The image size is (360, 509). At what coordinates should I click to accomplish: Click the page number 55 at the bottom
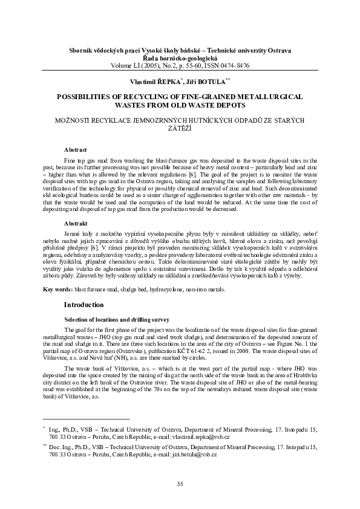click(180, 484)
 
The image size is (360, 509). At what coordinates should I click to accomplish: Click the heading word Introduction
click(84, 304)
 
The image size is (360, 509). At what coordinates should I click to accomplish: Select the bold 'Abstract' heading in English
click(76, 149)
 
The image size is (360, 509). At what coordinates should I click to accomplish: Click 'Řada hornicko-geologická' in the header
click(180, 57)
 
